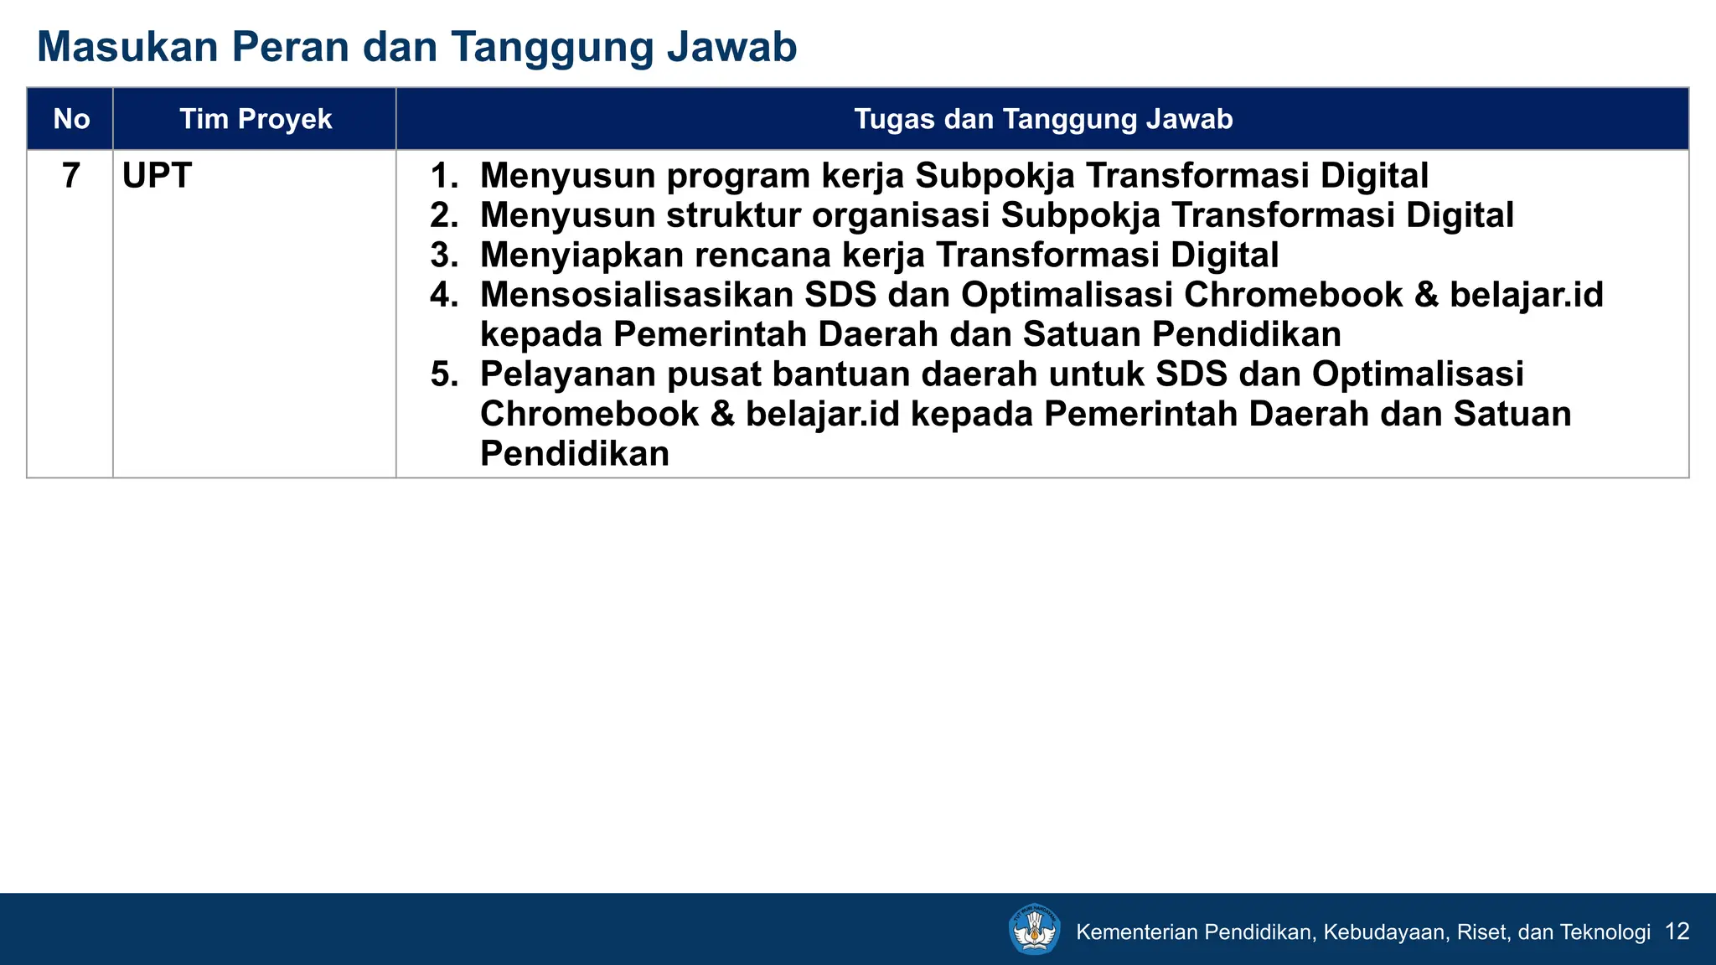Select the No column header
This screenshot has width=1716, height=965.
pos(71,119)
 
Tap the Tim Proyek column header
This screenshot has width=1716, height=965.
pos(256,119)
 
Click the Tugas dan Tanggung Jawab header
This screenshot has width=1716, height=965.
pos(1043,119)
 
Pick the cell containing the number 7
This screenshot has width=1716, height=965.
pos(71,176)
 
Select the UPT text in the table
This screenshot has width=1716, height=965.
pos(157,176)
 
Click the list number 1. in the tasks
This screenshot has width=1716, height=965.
pos(444,176)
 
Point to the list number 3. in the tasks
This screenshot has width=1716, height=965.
pos(444,255)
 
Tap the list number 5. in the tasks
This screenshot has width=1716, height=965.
pos(444,374)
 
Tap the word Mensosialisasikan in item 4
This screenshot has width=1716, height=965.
pos(636,295)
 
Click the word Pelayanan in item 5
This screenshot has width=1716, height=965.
pos(567,374)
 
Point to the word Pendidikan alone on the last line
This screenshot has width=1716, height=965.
pos(574,454)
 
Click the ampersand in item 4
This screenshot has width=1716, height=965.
pos(1426,295)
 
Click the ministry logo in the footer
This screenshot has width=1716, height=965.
pos(1035,929)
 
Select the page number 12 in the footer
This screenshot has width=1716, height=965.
pos(1677,931)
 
